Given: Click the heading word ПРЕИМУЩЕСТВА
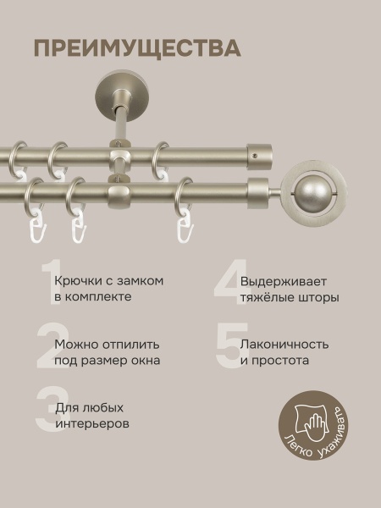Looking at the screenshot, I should [x=136, y=47].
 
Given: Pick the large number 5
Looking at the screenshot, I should [x=227, y=346].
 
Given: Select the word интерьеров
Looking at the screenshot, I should [x=92, y=424].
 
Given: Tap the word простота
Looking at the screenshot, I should [x=284, y=361].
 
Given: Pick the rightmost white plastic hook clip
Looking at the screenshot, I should [x=183, y=229].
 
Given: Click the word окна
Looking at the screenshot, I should [x=144, y=361].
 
